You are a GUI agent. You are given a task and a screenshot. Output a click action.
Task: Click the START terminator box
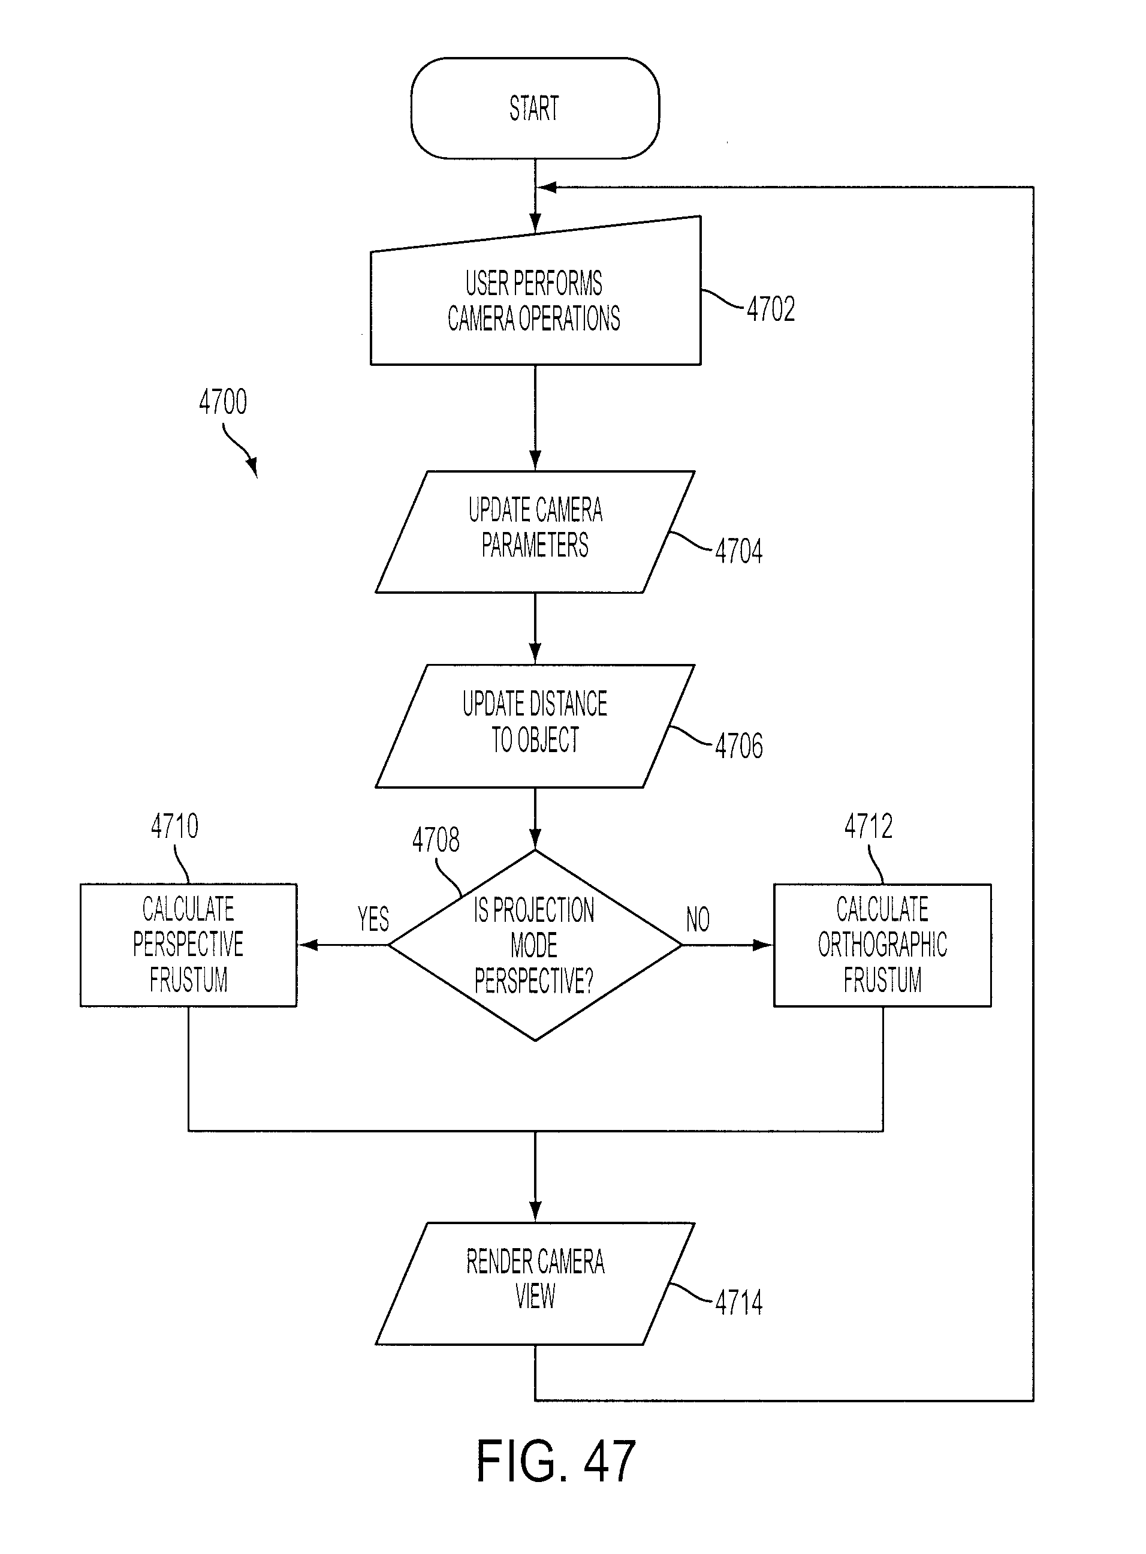pyautogui.click(x=535, y=109)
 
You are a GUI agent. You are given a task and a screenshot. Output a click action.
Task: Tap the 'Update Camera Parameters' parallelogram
pyautogui.click(x=535, y=531)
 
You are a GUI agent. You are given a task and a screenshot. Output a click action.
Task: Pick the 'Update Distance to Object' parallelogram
pyautogui.click(x=535, y=726)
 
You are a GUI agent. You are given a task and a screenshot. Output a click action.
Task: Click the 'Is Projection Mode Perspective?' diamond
pyautogui.click(x=535, y=945)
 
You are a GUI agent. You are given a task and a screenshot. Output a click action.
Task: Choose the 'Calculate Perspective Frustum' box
pyautogui.click(x=189, y=945)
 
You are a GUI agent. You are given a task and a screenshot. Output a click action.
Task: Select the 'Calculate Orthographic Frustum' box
pyautogui.click(x=882, y=945)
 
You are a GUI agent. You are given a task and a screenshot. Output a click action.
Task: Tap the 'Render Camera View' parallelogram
pyautogui.click(x=535, y=1284)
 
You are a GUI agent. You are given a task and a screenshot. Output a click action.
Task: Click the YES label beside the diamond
pyautogui.click(x=373, y=919)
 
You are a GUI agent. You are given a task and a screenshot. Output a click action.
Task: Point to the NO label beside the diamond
pyautogui.click(x=698, y=919)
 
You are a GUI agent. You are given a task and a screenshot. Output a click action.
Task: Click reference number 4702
pyautogui.click(x=771, y=309)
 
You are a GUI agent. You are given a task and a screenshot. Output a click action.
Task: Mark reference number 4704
pyautogui.click(x=739, y=551)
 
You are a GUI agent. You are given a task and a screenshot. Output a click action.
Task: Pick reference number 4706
pyautogui.click(x=739, y=746)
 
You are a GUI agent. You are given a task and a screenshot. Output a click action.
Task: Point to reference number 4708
pyautogui.click(x=436, y=840)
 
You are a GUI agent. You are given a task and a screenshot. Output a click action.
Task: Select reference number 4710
pyautogui.click(x=175, y=826)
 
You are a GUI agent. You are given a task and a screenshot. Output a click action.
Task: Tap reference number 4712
pyautogui.click(x=868, y=826)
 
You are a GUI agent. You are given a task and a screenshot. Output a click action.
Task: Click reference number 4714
pyautogui.click(x=739, y=1302)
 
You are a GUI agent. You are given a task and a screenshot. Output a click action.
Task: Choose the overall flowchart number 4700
pyautogui.click(x=223, y=402)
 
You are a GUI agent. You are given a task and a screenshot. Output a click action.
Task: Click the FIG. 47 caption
pyautogui.click(x=556, y=1461)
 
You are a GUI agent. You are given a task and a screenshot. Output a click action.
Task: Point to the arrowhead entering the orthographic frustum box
pyautogui.click(x=764, y=945)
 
